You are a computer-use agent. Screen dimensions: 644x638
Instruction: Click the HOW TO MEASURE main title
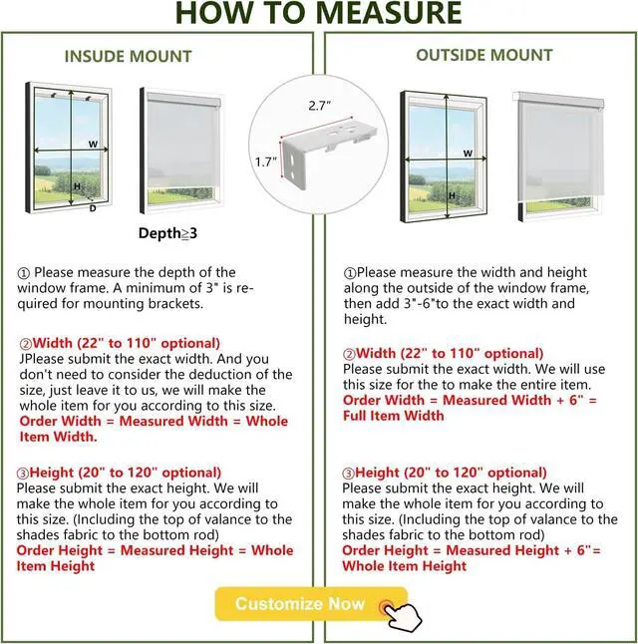pyautogui.click(x=319, y=14)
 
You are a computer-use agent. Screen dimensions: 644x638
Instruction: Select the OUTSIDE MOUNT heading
pyautogui.click(x=483, y=55)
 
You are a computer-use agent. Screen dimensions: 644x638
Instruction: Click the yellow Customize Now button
pyautogui.click(x=300, y=603)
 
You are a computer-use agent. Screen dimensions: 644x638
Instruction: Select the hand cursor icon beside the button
pyautogui.click(x=401, y=612)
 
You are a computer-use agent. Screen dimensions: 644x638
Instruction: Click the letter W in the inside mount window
pyautogui.click(x=92, y=145)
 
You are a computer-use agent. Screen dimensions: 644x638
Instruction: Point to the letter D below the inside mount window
pyautogui.click(x=93, y=208)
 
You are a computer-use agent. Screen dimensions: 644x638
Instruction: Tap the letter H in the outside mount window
pyautogui.click(x=452, y=195)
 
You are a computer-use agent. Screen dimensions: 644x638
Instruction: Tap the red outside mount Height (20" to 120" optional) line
pyautogui.click(x=445, y=473)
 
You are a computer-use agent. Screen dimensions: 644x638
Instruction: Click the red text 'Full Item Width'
pyautogui.click(x=394, y=415)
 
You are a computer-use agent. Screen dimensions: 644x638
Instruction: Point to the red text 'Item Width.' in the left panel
pyautogui.click(x=59, y=436)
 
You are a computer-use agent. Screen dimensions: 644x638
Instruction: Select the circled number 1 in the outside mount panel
pyautogui.click(x=349, y=273)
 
